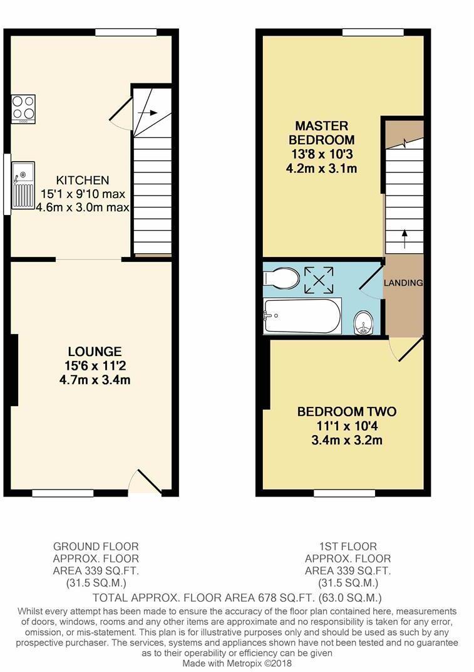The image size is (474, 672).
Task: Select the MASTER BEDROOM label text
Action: [x=322, y=133]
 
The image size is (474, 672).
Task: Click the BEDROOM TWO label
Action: [x=346, y=412]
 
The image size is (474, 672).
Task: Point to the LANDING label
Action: [x=403, y=283]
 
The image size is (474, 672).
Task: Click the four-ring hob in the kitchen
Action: [x=23, y=108]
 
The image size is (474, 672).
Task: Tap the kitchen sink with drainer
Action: [x=23, y=186]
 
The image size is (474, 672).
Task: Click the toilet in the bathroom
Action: [x=282, y=277]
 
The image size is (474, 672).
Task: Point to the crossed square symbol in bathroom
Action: [x=319, y=280]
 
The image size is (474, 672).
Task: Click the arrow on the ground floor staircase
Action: [x=148, y=113]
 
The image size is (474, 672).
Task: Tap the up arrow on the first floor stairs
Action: [x=404, y=238]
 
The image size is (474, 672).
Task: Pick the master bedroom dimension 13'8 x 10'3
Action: [x=322, y=154]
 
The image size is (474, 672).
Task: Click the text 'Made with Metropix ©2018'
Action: [x=237, y=663]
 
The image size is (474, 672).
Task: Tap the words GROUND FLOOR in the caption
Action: [x=96, y=547]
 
